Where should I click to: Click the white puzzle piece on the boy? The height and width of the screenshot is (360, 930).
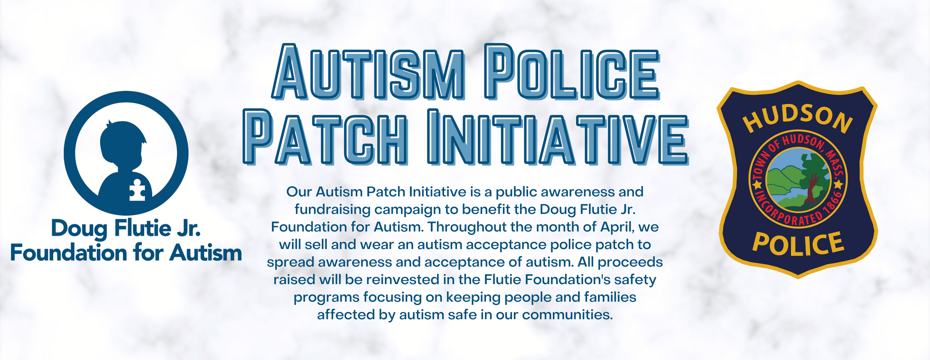tap(137, 190)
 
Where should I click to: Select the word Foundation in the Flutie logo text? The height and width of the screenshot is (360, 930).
tap(69, 253)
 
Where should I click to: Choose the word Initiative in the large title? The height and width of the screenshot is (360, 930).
tap(558, 137)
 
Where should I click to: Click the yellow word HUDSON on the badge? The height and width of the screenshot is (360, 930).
tap(798, 119)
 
